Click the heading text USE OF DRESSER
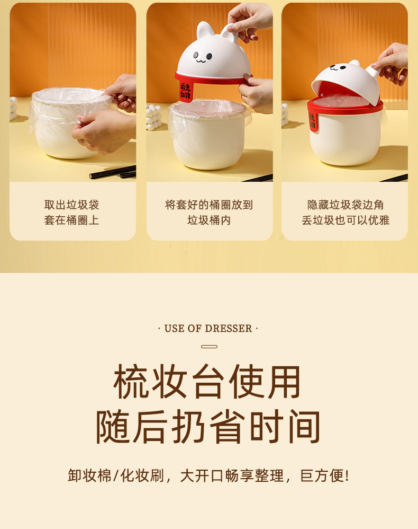click(208, 329)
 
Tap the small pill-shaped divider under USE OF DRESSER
click(209, 347)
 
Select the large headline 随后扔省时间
click(208, 427)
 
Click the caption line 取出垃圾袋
click(72, 205)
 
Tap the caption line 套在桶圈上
click(72, 220)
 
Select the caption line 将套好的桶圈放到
click(209, 205)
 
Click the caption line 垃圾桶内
click(209, 220)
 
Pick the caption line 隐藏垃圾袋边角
click(346, 205)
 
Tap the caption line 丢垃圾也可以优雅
click(346, 220)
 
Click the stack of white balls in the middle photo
click(153, 117)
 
